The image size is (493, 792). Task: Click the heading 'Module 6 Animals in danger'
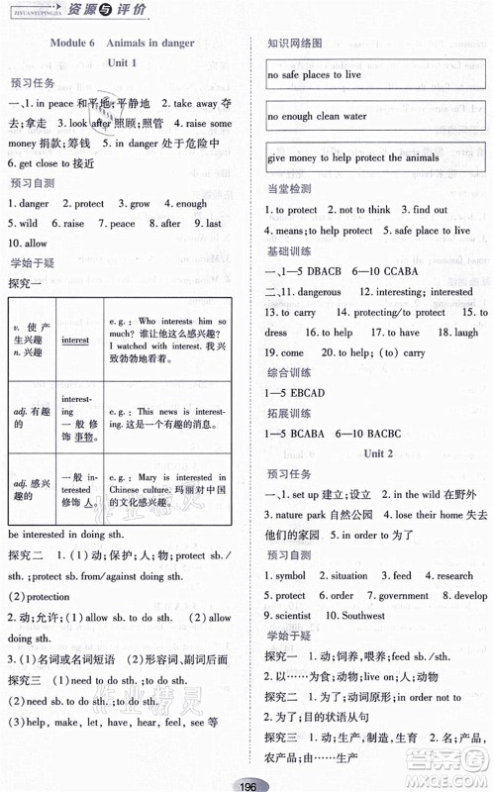[124, 43]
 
